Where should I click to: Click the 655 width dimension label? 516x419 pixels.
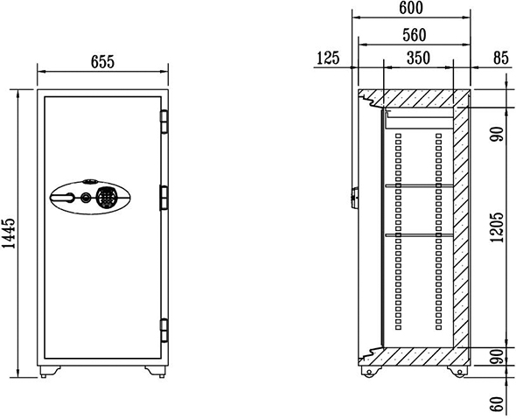coord(102,62)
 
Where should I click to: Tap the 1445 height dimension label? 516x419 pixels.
coord(9,233)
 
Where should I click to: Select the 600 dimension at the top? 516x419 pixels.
coord(411,8)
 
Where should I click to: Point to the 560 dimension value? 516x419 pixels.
coord(415,35)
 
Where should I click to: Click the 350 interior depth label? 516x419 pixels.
coord(418,58)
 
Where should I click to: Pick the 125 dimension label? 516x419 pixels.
coord(328,58)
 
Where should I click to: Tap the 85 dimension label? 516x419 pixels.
coord(501,58)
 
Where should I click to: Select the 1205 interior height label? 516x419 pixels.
coord(497,227)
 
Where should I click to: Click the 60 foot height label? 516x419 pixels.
coord(497,403)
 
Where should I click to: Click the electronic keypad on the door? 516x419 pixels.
coord(106,197)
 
